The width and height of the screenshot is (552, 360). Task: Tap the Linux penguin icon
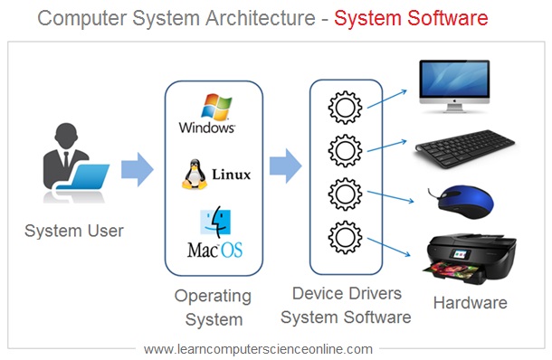tap(194, 174)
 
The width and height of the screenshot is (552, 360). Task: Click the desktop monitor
tap(453, 88)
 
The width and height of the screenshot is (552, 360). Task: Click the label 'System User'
tap(73, 231)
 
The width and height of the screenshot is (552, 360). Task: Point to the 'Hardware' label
tap(470, 302)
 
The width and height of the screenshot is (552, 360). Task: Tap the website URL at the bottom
tap(258, 348)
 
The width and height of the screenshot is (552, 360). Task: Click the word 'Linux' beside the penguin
tap(231, 174)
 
